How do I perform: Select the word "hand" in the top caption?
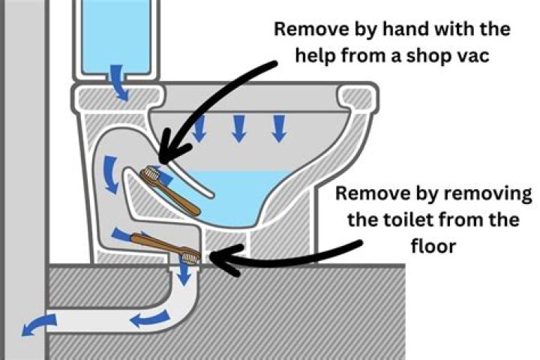pos(398,30)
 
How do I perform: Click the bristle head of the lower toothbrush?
pos(190,257)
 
